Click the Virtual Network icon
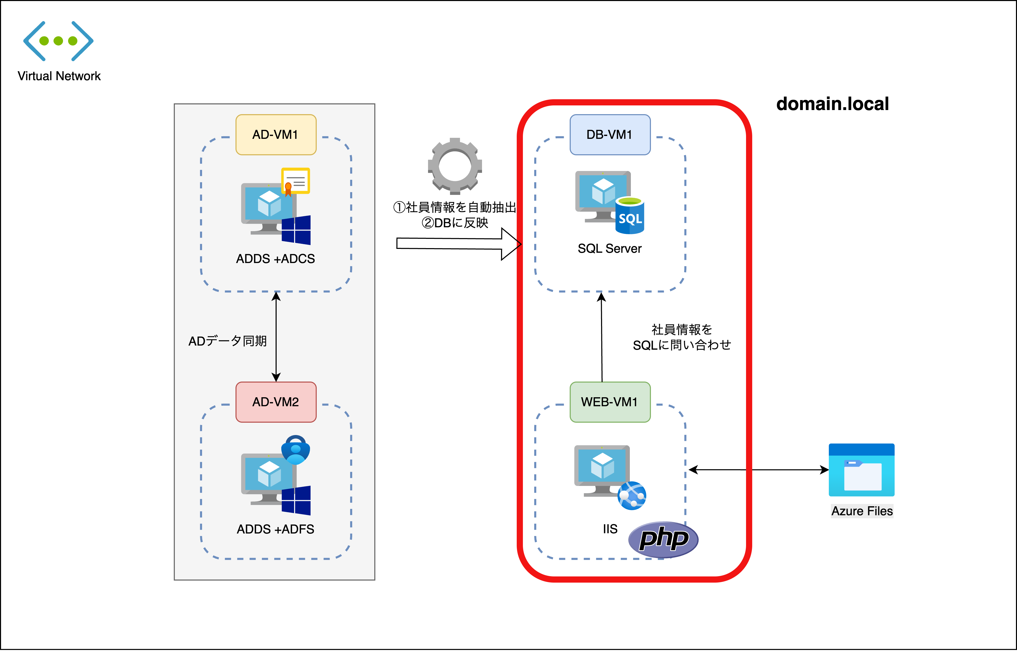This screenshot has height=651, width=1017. pos(58,41)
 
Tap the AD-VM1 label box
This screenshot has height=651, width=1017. pos(276,134)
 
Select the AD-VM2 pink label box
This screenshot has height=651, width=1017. pos(276,402)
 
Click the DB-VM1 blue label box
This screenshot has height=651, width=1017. pos(610,134)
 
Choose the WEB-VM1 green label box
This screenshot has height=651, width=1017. pos(610,402)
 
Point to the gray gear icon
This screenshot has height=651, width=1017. pos(455,166)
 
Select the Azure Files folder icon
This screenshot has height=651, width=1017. pos(861,470)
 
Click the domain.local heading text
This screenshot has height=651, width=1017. pos(832,104)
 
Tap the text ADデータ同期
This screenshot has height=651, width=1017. pos(228,341)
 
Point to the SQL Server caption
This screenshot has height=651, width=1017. pos(610,249)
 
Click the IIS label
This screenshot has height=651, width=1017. pos(610,529)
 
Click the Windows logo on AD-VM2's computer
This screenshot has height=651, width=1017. pos(296,501)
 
